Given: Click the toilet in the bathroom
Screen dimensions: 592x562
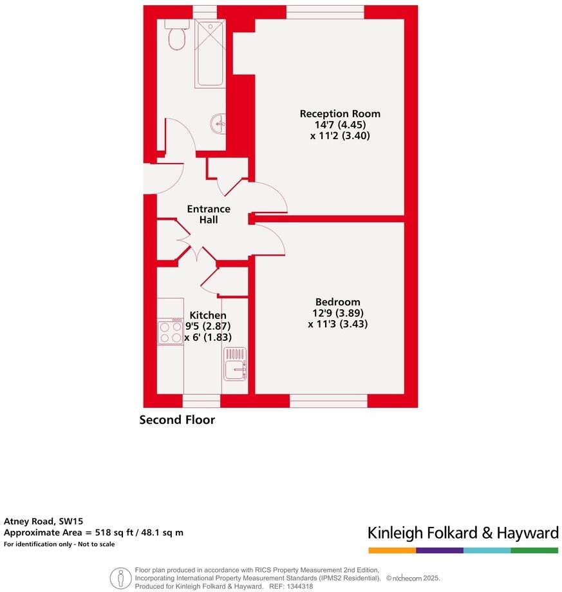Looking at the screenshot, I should [x=176, y=37].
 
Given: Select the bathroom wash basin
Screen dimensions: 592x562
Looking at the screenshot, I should [x=219, y=123].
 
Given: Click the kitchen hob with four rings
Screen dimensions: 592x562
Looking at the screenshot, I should [x=171, y=331].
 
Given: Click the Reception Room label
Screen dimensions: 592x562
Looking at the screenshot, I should [x=340, y=114].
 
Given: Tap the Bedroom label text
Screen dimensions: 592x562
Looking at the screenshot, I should [x=337, y=302].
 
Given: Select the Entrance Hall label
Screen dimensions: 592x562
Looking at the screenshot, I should [x=209, y=215].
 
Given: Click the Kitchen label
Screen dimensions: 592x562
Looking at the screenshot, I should [x=208, y=316].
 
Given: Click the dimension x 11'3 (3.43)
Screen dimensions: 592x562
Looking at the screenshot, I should [x=338, y=325].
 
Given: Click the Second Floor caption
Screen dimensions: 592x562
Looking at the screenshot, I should [x=177, y=420].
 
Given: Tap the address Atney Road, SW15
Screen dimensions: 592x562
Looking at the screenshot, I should [x=44, y=521].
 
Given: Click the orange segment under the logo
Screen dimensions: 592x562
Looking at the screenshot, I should [x=392, y=551].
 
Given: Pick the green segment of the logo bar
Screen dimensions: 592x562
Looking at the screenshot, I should [x=534, y=551].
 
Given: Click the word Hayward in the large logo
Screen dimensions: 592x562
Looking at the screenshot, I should [x=526, y=533].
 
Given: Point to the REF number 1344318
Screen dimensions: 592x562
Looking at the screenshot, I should [x=300, y=586].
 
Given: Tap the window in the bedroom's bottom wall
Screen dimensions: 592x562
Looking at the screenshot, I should [x=328, y=401].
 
